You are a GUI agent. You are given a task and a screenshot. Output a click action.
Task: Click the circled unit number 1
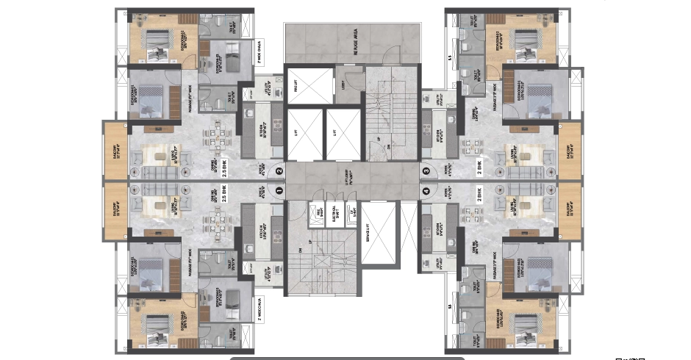click(279, 190)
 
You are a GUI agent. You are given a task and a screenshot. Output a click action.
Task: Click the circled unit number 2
click(279, 172)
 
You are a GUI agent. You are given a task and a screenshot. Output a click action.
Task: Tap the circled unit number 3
click(425, 172)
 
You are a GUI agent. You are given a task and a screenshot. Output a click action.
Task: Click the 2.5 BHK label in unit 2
click(226, 168)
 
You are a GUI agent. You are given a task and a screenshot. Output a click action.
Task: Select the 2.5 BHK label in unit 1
click(226, 193)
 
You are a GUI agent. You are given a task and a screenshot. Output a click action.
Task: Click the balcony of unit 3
click(570, 151)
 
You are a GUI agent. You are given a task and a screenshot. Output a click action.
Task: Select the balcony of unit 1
click(117, 211)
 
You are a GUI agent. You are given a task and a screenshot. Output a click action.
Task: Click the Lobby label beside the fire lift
click(345, 84)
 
